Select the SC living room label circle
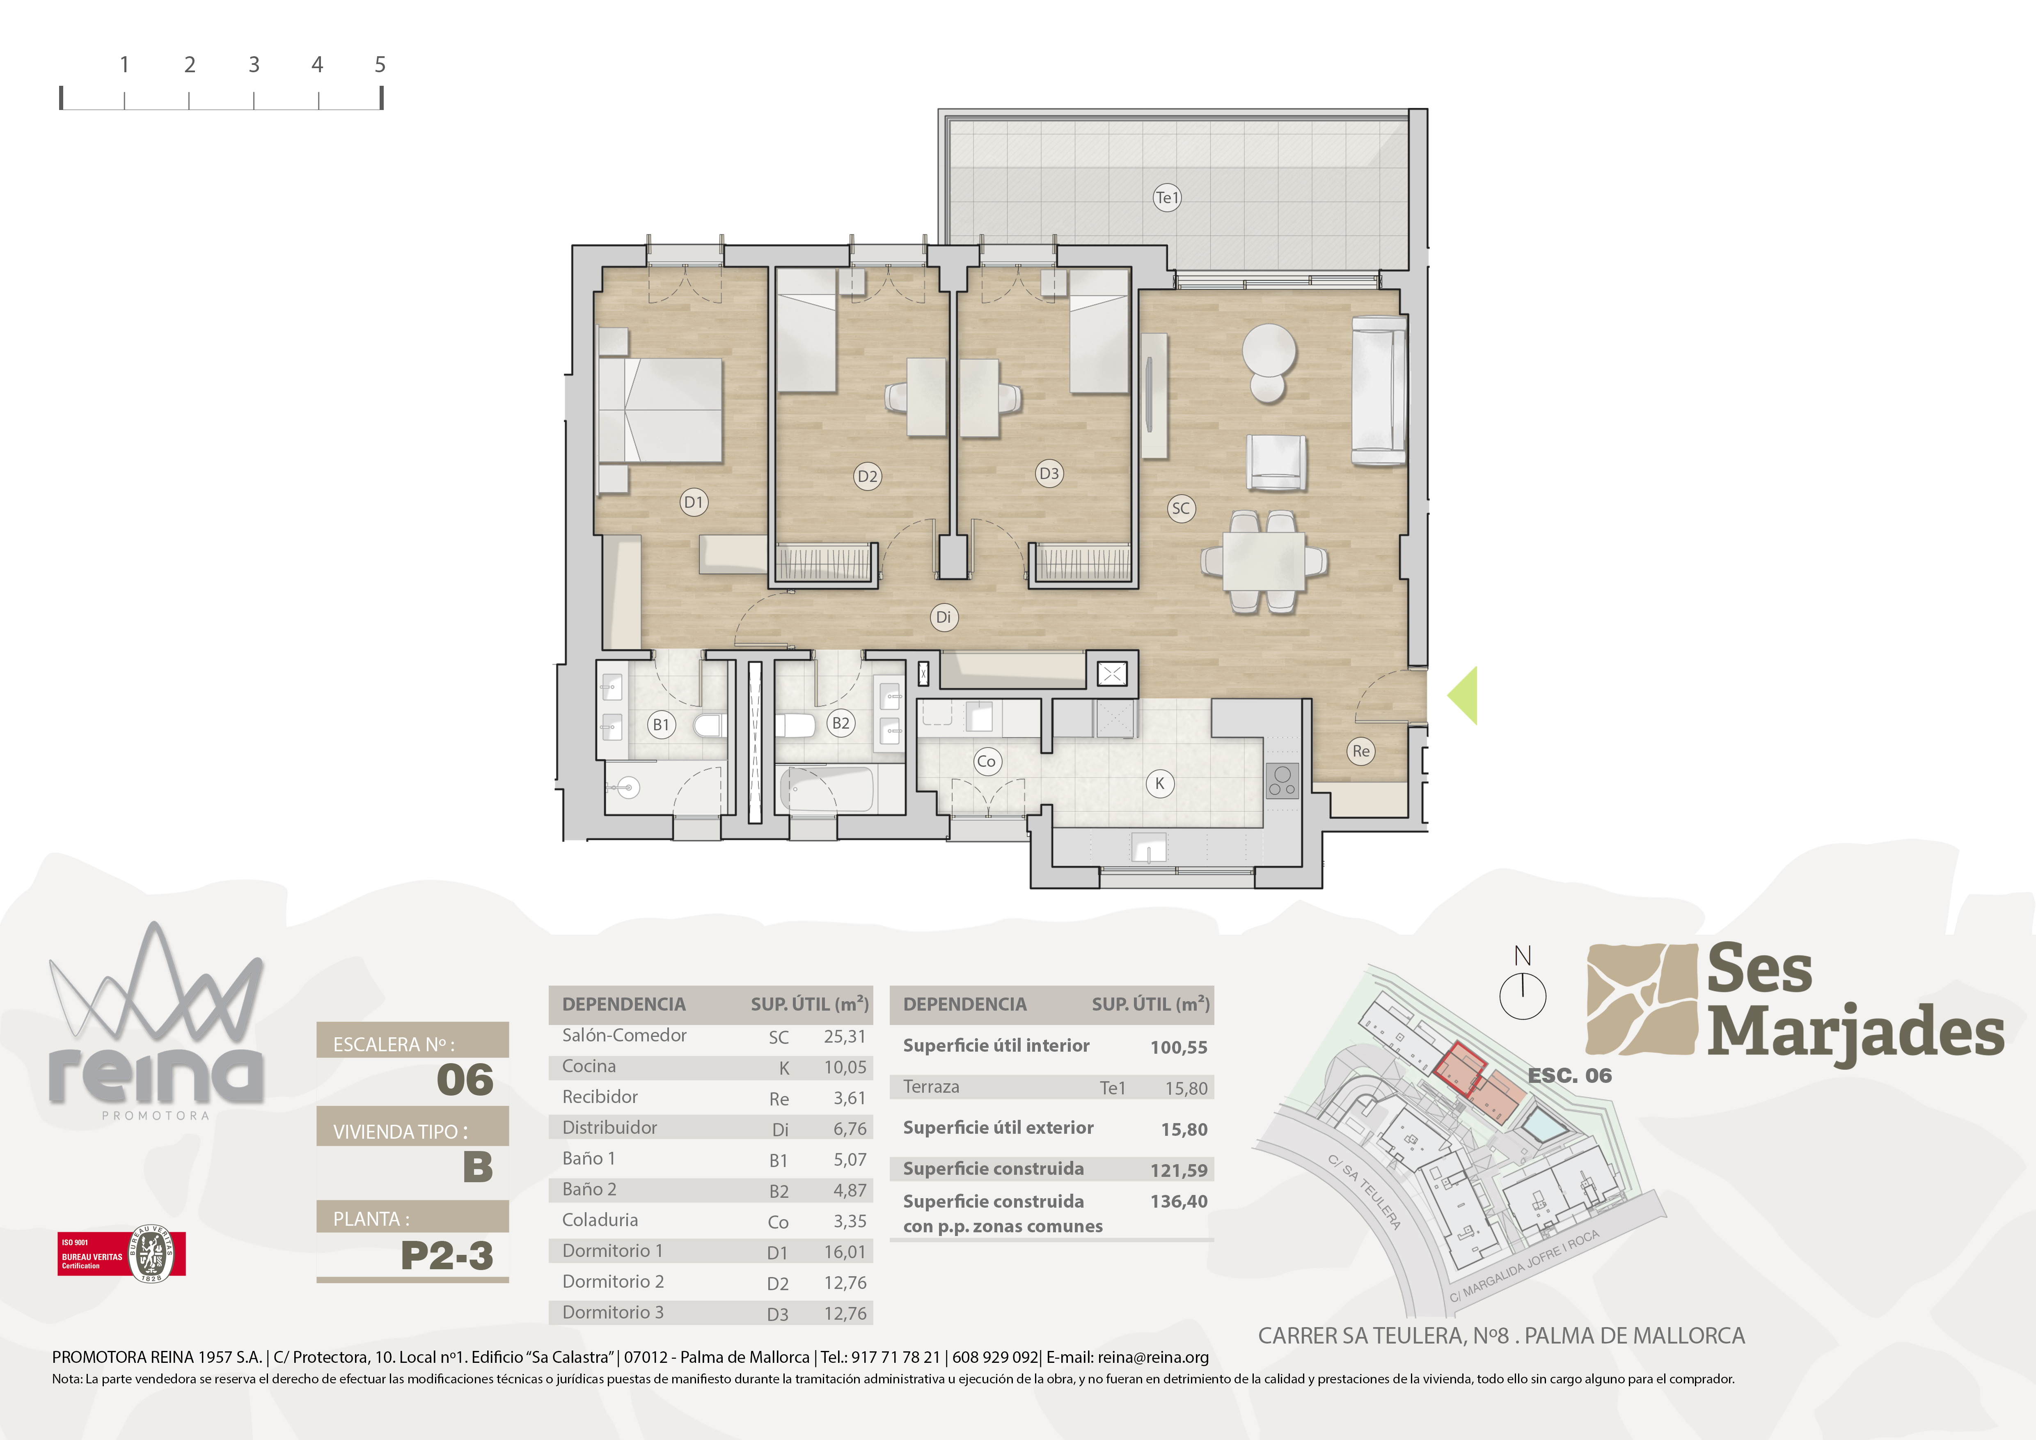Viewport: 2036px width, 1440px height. pos(1180,508)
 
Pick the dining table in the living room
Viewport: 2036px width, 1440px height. pos(1264,560)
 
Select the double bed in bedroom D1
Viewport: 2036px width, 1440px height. pos(661,410)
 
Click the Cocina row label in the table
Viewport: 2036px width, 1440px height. pos(589,1066)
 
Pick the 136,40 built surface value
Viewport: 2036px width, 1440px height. pos(1179,1202)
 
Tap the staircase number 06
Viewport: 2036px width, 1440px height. pos(465,1079)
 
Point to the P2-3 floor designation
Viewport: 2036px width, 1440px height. pos(447,1255)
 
